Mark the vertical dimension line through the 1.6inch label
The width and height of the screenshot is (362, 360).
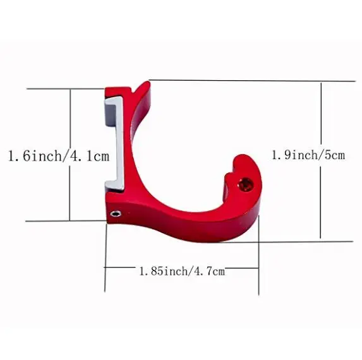[69, 120]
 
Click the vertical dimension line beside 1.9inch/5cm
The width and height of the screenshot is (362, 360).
[322, 114]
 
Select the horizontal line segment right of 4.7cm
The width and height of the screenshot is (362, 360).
[242, 268]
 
